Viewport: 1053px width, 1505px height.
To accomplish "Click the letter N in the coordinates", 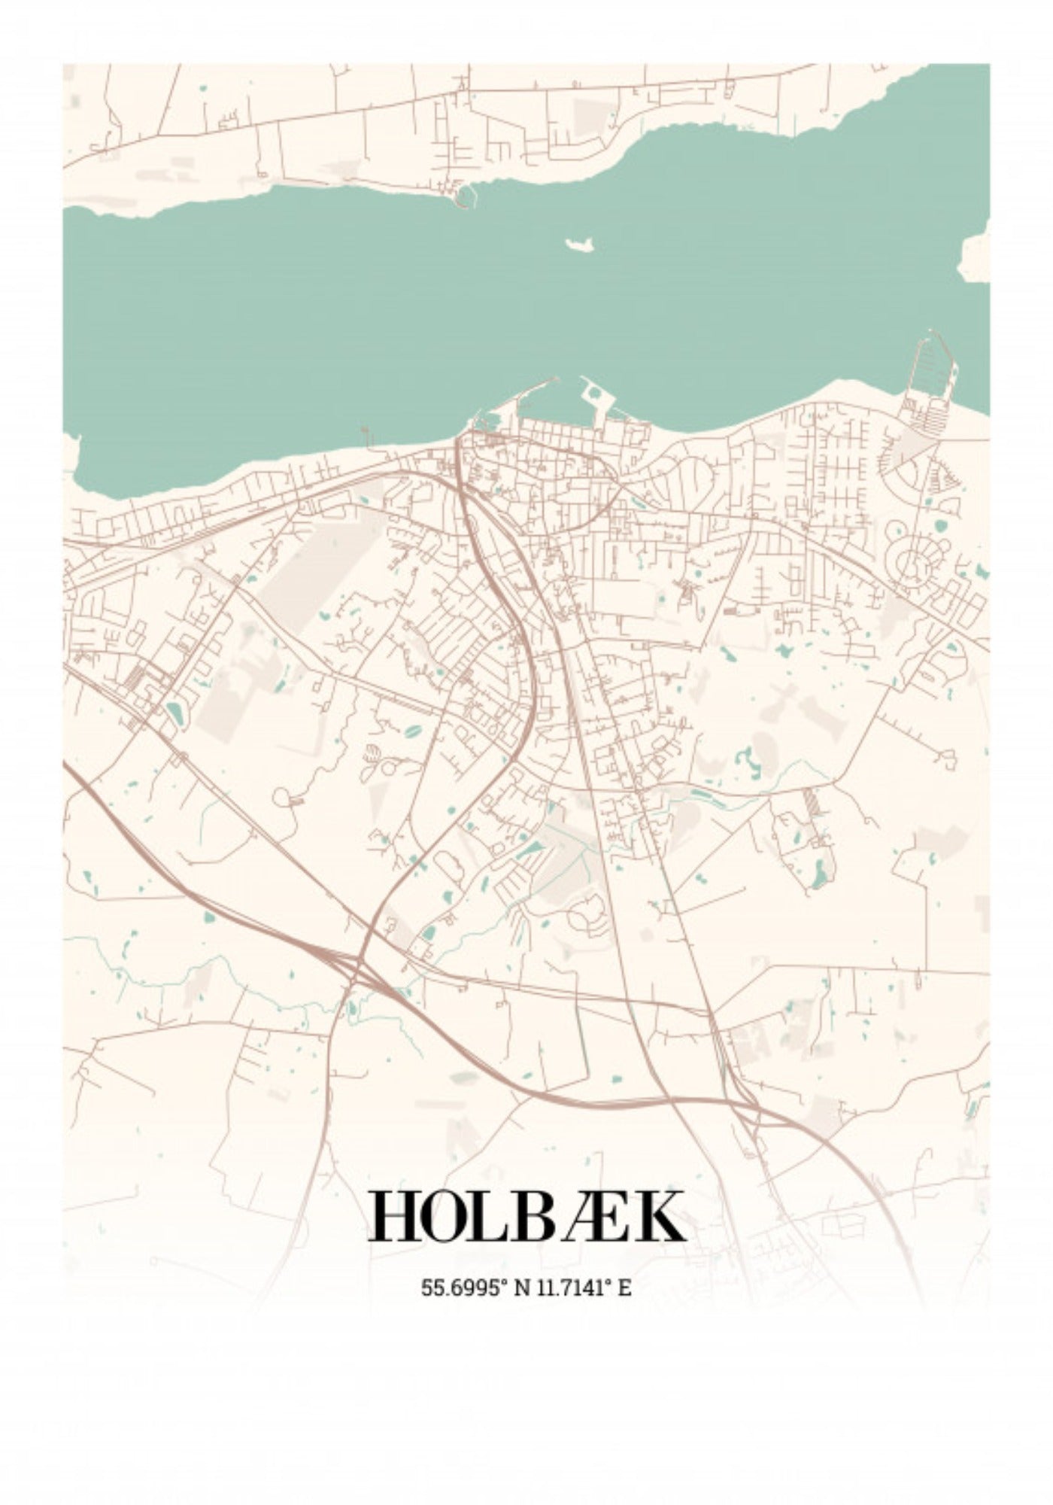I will [x=521, y=1288].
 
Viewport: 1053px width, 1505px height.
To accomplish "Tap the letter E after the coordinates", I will [x=624, y=1288].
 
